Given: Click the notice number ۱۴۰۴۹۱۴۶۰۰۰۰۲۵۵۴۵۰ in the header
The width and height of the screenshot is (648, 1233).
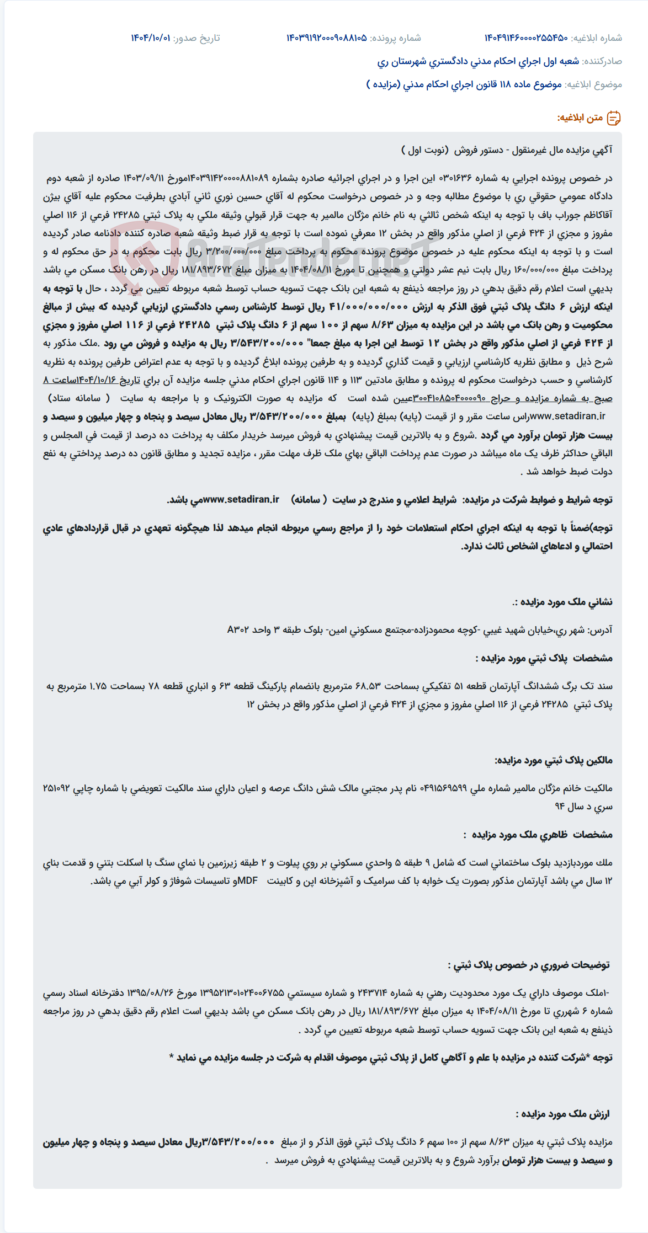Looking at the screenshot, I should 525,38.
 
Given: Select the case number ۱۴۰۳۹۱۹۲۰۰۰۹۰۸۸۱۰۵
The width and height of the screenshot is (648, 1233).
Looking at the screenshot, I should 326,38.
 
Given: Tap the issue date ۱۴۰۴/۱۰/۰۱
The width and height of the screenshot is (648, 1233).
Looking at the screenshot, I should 150,38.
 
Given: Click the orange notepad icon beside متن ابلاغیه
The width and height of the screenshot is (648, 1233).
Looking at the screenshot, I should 614,118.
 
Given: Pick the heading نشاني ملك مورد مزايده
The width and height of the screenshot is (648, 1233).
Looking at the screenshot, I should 565,602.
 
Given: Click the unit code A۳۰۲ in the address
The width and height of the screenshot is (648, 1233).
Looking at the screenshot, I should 238,630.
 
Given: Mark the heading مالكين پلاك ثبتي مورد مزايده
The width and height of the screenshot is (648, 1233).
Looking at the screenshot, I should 553,760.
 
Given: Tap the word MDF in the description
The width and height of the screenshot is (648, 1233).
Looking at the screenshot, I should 247,881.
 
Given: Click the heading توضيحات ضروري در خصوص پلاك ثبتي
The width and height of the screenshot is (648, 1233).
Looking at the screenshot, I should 528,965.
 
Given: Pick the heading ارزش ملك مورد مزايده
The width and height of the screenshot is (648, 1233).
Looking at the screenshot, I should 563,1114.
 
